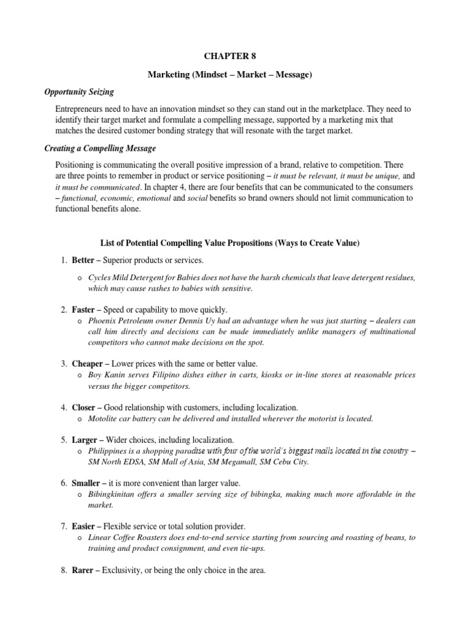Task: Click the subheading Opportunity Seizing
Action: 79,92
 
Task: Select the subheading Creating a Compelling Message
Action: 101,149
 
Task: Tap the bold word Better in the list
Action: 83,261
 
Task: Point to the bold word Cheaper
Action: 87,364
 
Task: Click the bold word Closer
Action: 84,407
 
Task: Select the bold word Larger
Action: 84,440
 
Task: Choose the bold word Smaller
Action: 86,483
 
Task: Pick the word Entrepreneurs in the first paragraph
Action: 81,109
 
